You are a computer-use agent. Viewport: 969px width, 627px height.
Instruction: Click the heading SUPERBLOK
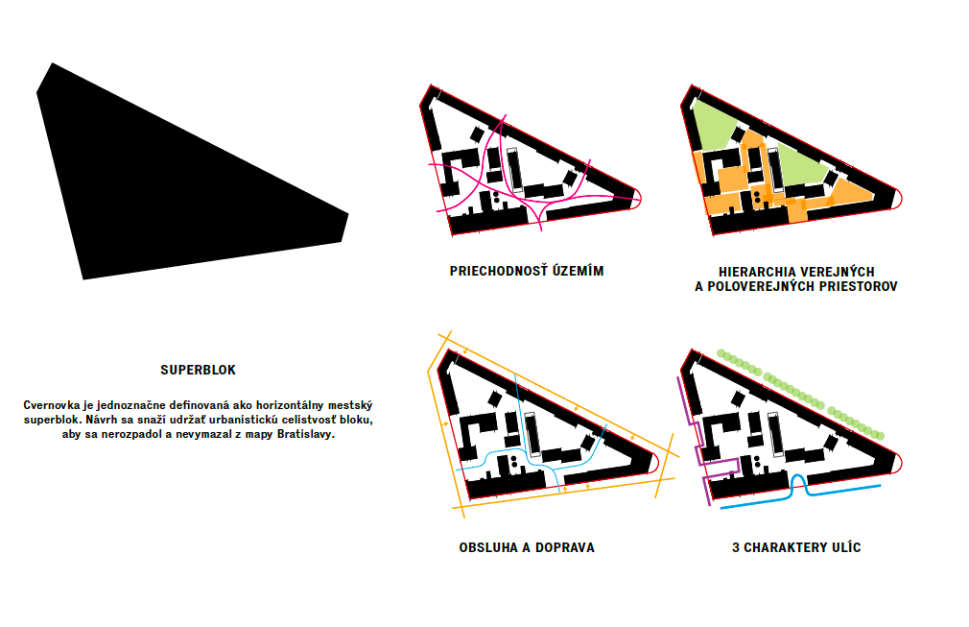coord(199,370)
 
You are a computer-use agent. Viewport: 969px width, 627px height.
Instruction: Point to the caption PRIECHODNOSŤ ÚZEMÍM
coord(527,271)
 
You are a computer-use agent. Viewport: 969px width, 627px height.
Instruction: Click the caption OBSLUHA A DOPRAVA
coord(527,548)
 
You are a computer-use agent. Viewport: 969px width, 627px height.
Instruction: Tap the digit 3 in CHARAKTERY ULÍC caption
coord(736,548)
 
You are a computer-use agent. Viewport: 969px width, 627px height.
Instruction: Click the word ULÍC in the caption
coord(846,548)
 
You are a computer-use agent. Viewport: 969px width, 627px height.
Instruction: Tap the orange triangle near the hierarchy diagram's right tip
coord(852,193)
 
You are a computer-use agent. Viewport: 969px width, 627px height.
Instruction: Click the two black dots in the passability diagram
coord(496,197)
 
